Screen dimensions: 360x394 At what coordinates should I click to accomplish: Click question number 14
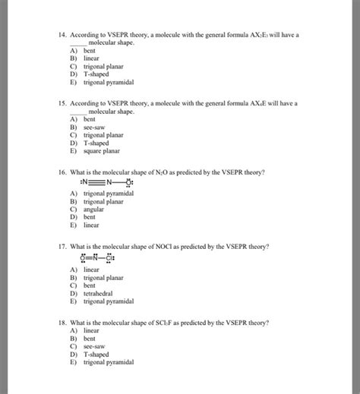(61, 35)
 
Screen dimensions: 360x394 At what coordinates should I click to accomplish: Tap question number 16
(61, 172)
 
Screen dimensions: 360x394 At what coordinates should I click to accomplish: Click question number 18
(61, 323)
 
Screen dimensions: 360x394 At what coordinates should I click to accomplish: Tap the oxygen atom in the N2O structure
(129, 183)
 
